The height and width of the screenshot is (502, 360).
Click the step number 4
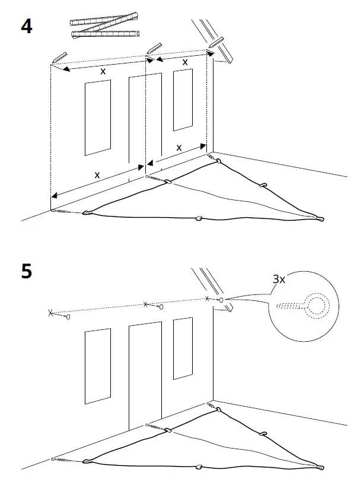tap(26, 27)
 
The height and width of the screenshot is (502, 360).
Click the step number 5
tap(27, 271)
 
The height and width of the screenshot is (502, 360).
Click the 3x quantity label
tap(279, 279)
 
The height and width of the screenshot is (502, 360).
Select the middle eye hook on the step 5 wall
tap(158, 307)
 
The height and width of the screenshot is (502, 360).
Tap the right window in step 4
tap(183, 99)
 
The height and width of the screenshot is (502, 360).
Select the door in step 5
tap(145, 374)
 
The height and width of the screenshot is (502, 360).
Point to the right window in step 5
tap(183, 347)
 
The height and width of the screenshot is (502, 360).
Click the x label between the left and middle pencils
tap(103, 71)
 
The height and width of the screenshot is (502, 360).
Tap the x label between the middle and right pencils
tap(184, 61)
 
